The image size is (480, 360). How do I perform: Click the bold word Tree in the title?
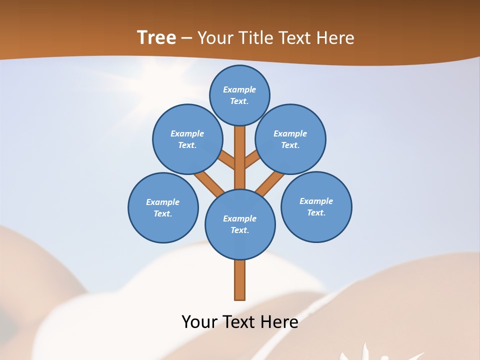[x=156, y=37]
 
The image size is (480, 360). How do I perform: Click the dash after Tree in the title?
[x=187, y=38]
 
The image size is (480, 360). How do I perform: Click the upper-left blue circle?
[x=187, y=139]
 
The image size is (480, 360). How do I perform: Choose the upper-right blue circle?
[x=290, y=139]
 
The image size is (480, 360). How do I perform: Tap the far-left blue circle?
[x=163, y=207]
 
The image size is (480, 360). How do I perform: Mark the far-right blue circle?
[x=316, y=206]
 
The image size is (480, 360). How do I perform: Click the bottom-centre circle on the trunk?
[x=240, y=224]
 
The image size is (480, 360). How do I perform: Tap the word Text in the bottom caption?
[x=240, y=322]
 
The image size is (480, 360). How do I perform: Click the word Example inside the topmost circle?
[x=239, y=90]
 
